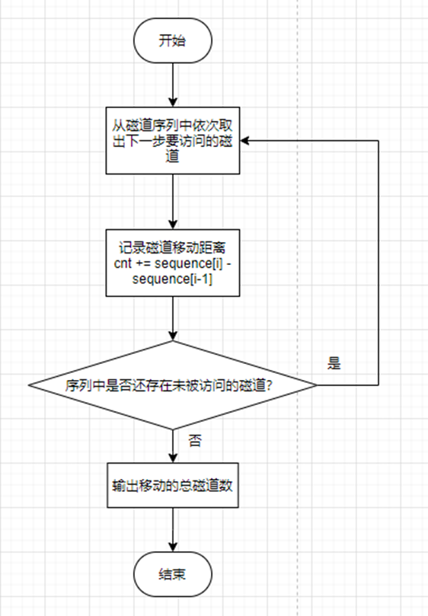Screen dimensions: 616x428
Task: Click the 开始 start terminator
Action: coord(173,40)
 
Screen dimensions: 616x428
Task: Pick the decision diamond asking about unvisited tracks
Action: coord(173,385)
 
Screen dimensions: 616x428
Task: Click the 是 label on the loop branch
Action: coord(334,362)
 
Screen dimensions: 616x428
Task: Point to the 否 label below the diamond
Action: coord(195,440)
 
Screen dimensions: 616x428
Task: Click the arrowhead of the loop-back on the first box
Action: coord(248,141)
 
